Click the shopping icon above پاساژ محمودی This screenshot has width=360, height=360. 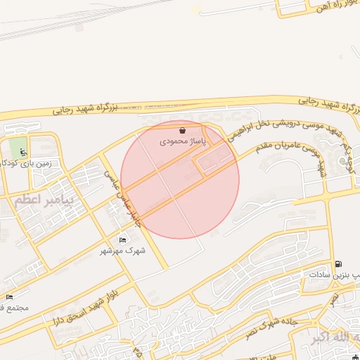183,130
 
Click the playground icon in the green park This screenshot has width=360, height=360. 23,152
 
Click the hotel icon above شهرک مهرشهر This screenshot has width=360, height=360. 123,240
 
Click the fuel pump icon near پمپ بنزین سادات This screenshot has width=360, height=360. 339,264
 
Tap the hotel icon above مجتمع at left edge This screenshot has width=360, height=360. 9,298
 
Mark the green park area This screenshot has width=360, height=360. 18,147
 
